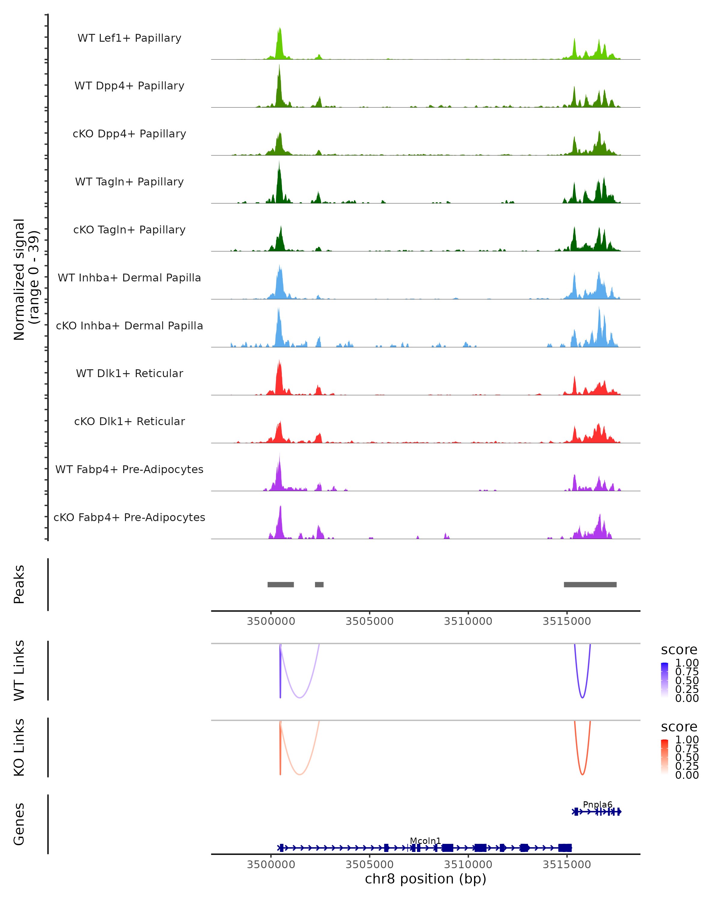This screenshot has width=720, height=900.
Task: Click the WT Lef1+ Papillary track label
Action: pos(129,38)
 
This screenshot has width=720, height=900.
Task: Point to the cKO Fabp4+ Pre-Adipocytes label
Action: pos(129,517)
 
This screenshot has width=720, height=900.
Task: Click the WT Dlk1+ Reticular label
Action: pos(129,373)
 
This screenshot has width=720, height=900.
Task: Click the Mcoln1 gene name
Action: pos(425,841)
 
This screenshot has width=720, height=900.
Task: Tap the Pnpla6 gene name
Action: pos(597,804)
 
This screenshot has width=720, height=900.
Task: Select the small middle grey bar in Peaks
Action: pos(319,584)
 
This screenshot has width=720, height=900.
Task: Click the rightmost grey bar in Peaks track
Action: pos(590,584)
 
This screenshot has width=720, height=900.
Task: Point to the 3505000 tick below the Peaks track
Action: pos(369,621)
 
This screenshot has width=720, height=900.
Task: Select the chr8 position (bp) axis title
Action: pos(425,879)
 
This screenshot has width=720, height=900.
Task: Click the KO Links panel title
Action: pos(19,747)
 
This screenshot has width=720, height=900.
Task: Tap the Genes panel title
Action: pos(19,824)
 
